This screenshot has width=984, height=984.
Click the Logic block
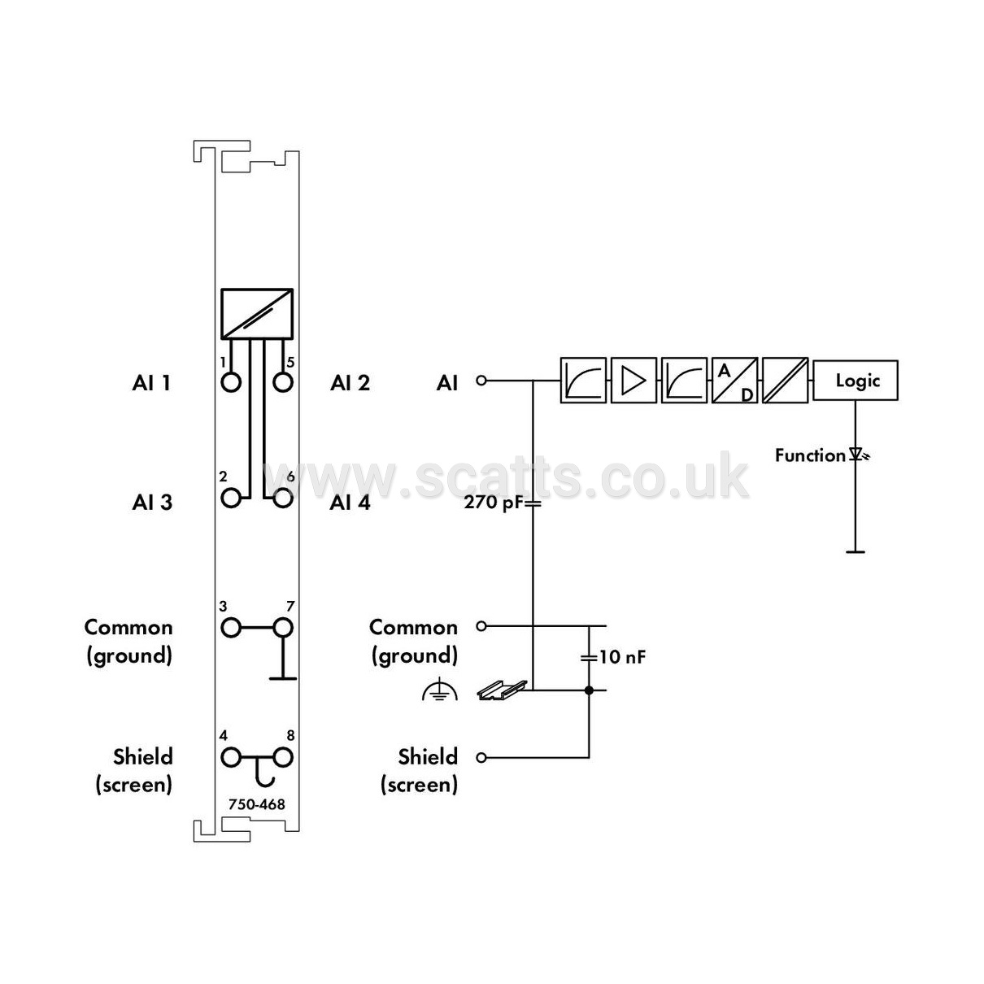point(855,381)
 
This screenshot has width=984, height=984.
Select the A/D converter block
point(734,381)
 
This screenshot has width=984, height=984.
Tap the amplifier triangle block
point(634,381)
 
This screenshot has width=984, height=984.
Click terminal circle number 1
point(231,382)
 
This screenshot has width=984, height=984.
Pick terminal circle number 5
point(282,382)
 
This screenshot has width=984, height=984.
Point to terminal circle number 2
point(231,498)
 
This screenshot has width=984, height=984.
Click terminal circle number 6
point(282,498)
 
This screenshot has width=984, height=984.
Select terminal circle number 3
point(231,628)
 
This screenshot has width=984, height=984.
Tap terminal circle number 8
point(282,758)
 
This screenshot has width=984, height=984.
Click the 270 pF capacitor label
point(494,503)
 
